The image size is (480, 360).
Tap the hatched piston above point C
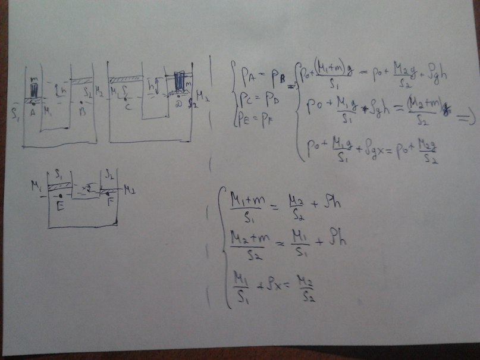pyautogui.click(x=126, y=78)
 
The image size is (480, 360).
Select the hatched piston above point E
pyautogui.click(x=60, y=187)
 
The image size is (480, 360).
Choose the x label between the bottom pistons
pyautogui.click(x=87, y=187)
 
